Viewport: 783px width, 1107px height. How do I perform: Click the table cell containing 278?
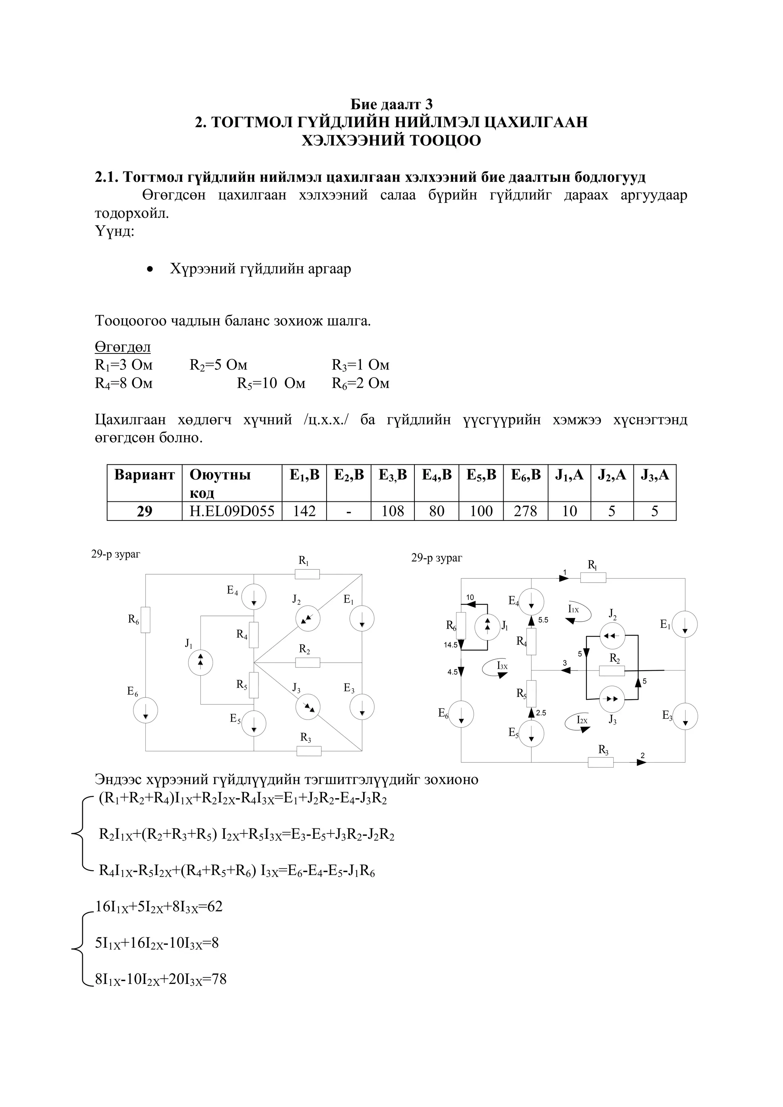[525, 511]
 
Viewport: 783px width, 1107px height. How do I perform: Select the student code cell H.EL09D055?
[232, 511]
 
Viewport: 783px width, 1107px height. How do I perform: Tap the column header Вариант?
[144, 475]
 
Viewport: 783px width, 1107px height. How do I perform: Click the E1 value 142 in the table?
[304, 511]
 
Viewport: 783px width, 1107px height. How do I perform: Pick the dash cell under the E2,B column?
[348, 511]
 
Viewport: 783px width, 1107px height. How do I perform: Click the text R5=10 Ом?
[271, 383]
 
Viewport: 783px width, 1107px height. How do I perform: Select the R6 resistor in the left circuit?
[145, 619]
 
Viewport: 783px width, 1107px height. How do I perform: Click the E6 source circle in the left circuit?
[145, 711]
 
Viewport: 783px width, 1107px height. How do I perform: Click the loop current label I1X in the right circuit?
[573, 609]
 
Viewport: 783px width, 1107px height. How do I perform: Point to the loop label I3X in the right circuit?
[502, 666]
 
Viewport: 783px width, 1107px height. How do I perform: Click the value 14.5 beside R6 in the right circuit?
[451, 645]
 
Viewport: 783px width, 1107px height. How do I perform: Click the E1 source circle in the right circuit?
[685, 624]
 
